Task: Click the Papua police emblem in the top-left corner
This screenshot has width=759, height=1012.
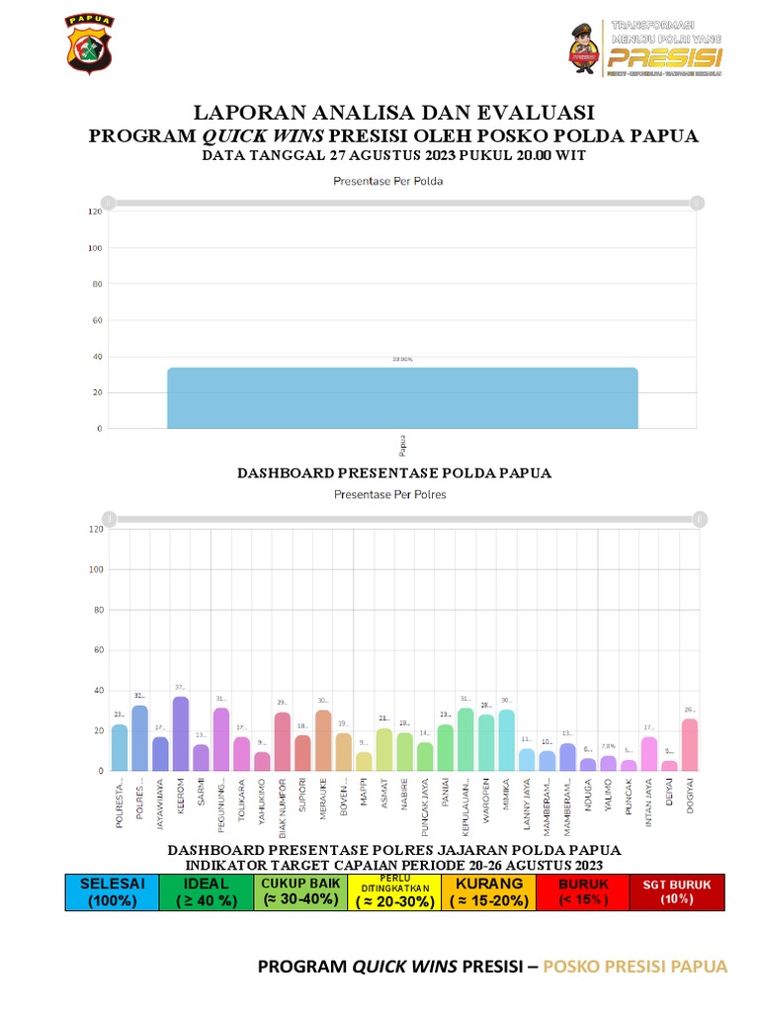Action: click(x=89, y=44)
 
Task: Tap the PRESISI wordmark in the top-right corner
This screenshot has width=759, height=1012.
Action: click(x=664, y=55)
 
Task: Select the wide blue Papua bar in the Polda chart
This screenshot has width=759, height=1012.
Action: click(x=402, y=398)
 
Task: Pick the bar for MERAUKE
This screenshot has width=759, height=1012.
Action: click(x=323, y=740)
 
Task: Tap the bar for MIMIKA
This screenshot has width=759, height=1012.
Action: click(x=506, y=740)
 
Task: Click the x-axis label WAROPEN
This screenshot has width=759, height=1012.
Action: click(x=486, y=809)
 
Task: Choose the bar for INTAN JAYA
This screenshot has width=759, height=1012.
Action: click(x=649, y=753)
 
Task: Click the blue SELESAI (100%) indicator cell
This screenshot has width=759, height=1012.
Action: click(x=112, y=891)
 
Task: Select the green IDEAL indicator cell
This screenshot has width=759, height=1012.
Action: click(x=206, y=891)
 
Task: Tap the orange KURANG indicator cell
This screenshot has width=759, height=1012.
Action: click(x=488, y=891)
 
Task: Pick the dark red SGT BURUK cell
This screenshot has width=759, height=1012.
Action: click(x=677, y=891)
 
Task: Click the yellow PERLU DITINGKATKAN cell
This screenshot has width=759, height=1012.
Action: click(x=394, y=891)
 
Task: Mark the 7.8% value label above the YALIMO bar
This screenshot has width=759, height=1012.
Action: click(x=609, y=746)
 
